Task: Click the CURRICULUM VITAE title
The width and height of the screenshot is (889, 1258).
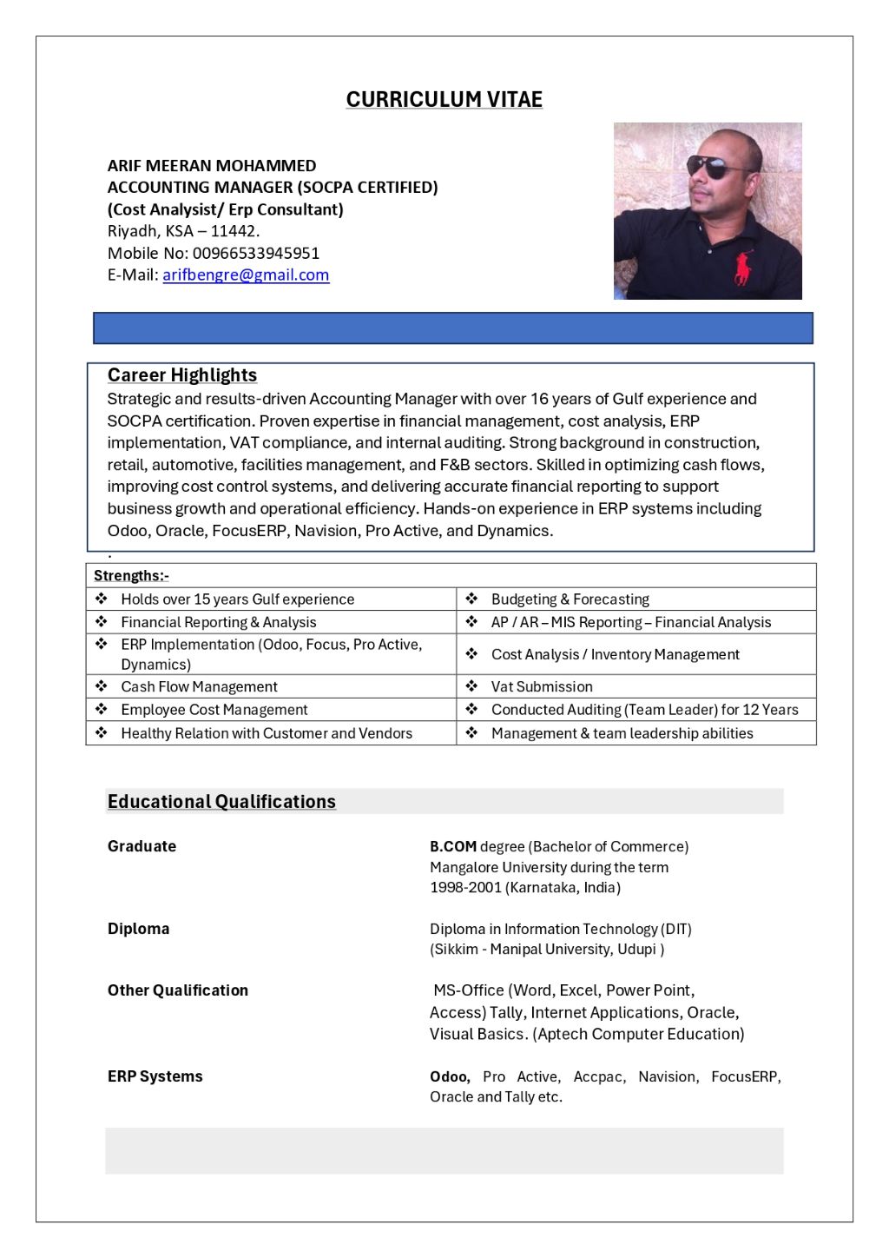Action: pyautogui.click(x=444, y=100)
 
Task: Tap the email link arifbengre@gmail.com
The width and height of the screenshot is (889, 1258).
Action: pyautogui.click(x=246, y=275)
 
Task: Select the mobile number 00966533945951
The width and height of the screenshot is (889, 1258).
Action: pyautogui.click(x=256, y=253)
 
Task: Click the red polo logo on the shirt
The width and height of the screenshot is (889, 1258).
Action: pyautogui.click(x=742, y=268)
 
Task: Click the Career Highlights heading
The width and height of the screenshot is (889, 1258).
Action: pyautogui.click(x=182, y=375)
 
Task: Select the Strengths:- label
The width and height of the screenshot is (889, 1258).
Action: pyautogui.click(x=131, y=576)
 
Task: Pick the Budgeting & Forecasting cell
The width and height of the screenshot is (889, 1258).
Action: pyautogui.click(x=570, y=599)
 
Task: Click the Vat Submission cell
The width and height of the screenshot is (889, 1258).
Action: pyautogui.click(x=542, y=687)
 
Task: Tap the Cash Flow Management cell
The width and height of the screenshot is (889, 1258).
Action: pyautogui.click(x=199, y=687)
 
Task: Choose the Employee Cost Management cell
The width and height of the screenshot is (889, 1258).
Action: pyautogui.click(x=214, y=710)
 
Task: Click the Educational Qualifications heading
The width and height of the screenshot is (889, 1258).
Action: pyautogui.click(x=221, y=802)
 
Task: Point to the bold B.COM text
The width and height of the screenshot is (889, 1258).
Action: pyautogui.click(x=453, y=846)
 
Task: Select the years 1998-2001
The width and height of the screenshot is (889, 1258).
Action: pyautogui.click(x=465, y=887)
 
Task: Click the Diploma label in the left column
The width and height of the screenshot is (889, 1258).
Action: pyautogui.click(x=138, y=929)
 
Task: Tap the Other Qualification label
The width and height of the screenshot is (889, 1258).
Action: pyautogui.click(x=177, y=990)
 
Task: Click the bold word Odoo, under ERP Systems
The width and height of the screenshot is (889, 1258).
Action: pyautogui.click(x=450, y=1076)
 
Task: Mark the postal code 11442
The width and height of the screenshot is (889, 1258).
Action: pyautogui.click(x=234, y=231)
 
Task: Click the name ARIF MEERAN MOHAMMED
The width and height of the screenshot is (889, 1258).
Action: pyautogui.click(x=212, y=166)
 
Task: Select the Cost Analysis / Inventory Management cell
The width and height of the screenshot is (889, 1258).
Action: pyautogui.click(x=615, y=654)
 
